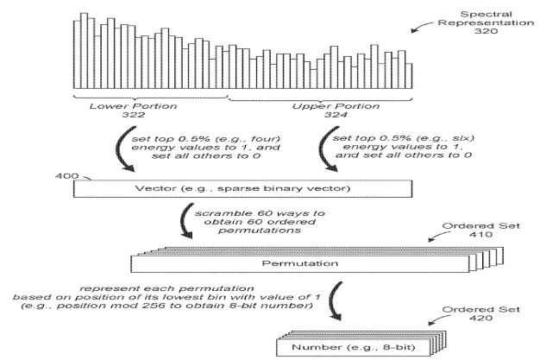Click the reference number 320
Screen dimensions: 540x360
pos(486,31)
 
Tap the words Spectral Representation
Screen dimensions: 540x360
pos(486,19)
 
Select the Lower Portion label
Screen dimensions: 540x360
pos(134,106)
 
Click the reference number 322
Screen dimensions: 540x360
pos(134,115)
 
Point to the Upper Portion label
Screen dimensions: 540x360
pos(336,106)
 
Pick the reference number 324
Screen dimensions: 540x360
pos(336,115)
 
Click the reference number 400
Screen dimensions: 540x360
pos(66,176)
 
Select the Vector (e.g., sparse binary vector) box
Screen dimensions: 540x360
pos(242,188)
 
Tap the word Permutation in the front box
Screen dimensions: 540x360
pos(300,264)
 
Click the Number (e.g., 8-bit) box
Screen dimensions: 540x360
pos(354,347)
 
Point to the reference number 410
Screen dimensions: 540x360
pos(480,235)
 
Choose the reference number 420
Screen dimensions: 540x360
pos(480,318)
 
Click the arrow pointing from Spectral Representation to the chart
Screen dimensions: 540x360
pos(421,26)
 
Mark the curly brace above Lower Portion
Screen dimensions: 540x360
pos(150,97)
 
